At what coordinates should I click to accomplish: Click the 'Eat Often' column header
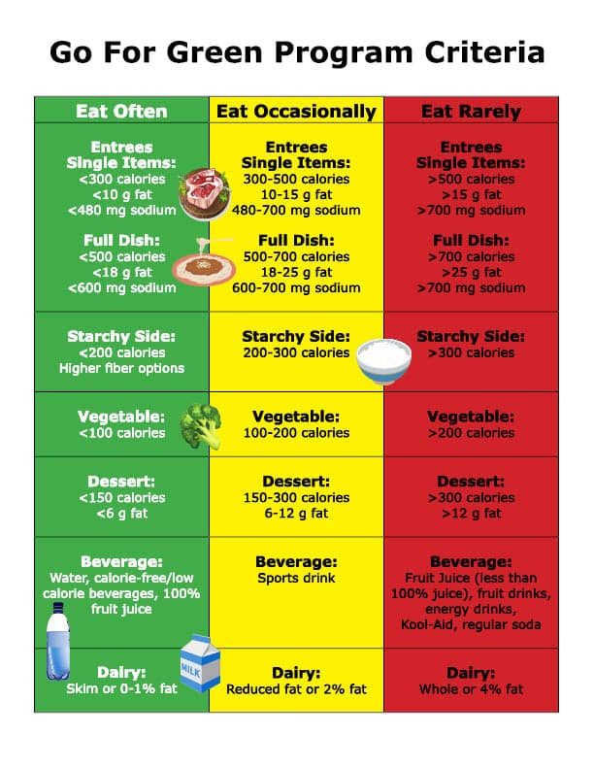pyautogui.click(x=121, y=112)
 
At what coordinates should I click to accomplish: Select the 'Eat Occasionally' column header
pyautogui.click(x=296, y=112)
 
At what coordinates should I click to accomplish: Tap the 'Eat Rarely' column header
pyautogui.click(x=471, y=112)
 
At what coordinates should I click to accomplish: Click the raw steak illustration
pyautogui.click(x=205, y=193)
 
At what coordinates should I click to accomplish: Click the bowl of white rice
pyautogui.click(x=383, y=361)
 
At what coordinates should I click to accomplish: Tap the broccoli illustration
pyautogui.click(x=202, y=425)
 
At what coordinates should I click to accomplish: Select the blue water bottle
pyautogui.click(x=58, y=641)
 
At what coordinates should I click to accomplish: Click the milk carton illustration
pyautogui.click(x=200, y=663)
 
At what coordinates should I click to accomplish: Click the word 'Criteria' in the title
pyautogui.click(x=484, y=52)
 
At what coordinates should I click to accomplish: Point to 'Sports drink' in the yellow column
pyautogui.click(x=296, y=578)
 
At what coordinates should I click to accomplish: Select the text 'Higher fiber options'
pyautogui.click(x=121, y=368)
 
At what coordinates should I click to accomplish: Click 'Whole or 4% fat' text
pyautogui.click(x=471, y=689)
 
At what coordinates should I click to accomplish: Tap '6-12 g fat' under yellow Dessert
pyautogui.click(x=296, y=514)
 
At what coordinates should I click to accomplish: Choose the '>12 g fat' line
pyautogui.click(x=471, y=514)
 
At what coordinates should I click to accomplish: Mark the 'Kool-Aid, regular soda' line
pyautogui.click(x=471, y=625)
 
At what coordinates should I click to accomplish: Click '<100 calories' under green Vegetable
pyautogui.click(x=121, y=433)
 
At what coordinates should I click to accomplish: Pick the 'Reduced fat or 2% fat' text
pyautogui.click(x=296, y=689)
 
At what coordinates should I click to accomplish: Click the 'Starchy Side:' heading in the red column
pyautogui.click(x=471, y=336)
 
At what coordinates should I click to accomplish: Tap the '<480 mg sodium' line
pyautogui.click(x=121, y=211)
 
